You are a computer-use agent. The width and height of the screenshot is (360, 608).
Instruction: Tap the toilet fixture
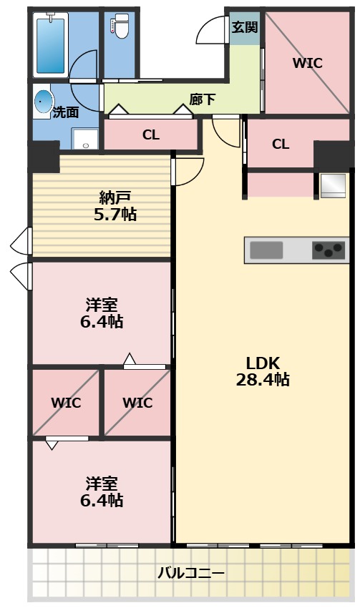(x=119, y=28)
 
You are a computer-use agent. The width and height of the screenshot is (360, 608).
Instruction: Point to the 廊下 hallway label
(x=203, y=99)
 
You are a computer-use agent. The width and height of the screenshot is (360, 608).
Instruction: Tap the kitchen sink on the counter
(x=266, y=250)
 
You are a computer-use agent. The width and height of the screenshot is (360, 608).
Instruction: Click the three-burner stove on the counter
(x=329, y=250)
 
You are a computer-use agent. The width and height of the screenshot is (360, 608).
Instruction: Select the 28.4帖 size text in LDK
(x=263, y=380)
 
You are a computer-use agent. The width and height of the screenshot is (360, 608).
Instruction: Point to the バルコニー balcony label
(x=191, y=573)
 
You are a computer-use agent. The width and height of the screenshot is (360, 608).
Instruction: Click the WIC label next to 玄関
(x=307, y=63)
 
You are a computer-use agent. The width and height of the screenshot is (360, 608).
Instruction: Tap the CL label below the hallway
(x=150, y=134)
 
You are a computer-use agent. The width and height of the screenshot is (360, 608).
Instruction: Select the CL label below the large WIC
(x=281, y=144)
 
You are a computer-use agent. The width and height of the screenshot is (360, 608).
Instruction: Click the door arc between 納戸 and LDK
(x=185, y=172)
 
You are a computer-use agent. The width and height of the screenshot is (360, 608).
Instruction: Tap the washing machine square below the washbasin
(x=87, y=139)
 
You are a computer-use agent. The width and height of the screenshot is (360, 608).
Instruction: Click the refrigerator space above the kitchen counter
(x=332, y=185)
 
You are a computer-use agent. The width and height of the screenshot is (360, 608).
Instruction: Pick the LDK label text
(x=263, y=362)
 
